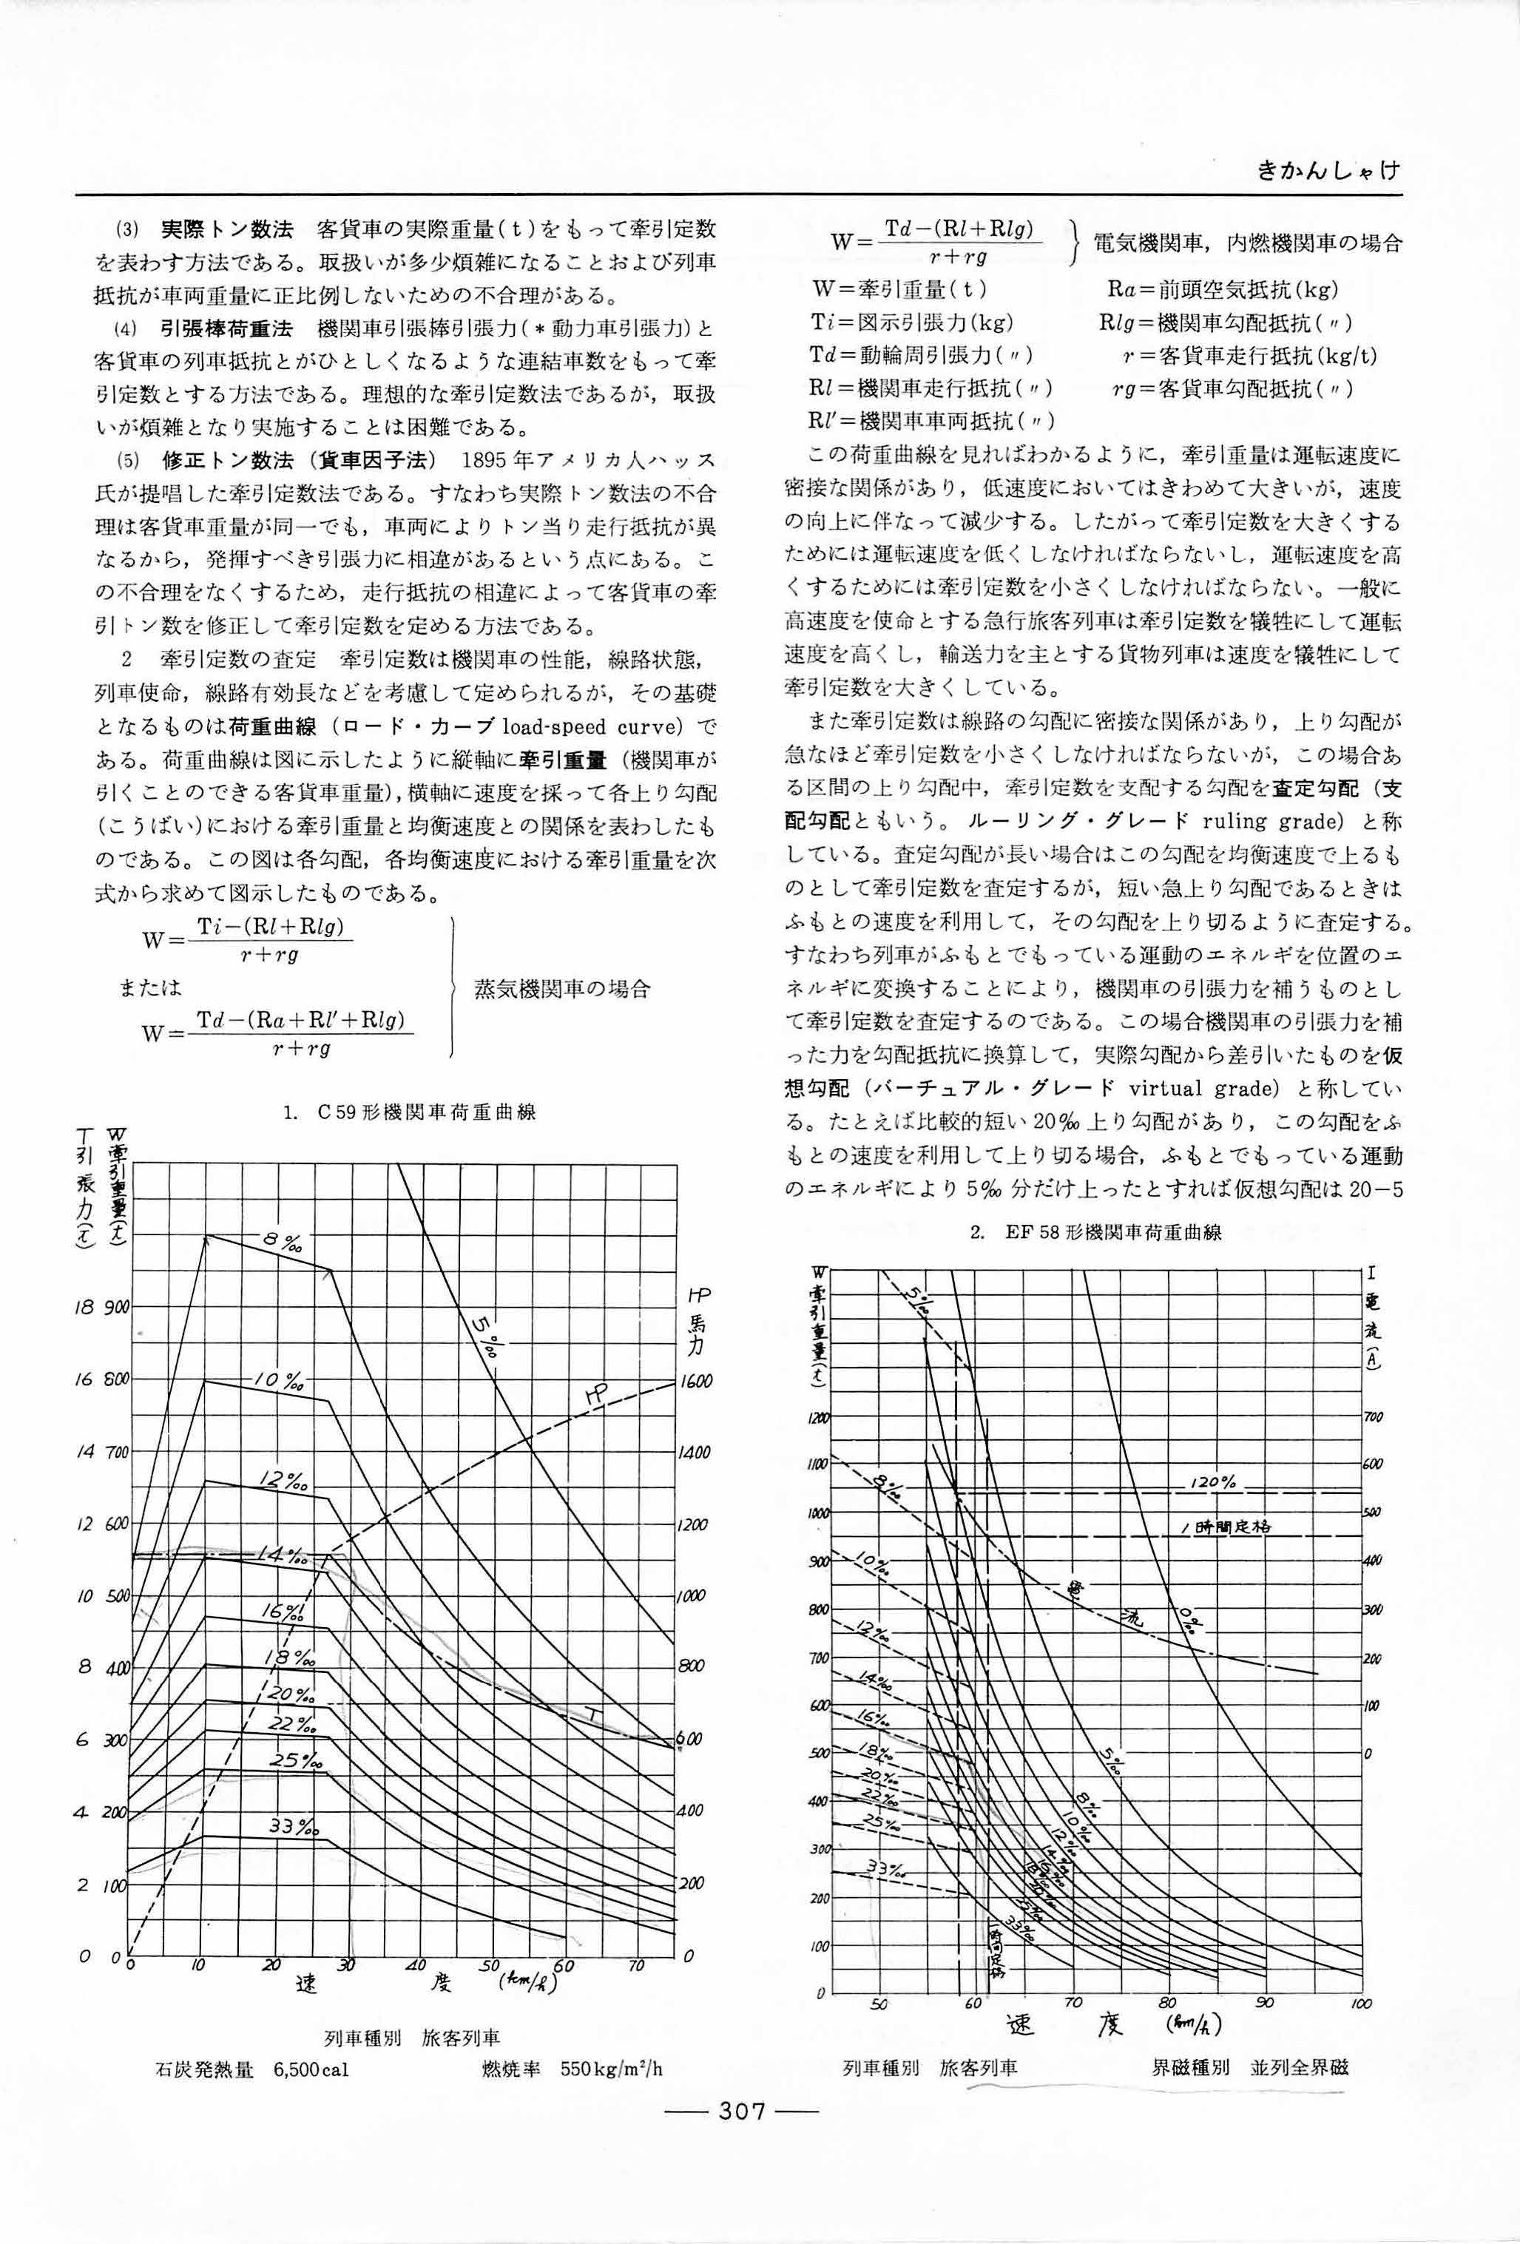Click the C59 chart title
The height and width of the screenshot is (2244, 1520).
(410, 1112)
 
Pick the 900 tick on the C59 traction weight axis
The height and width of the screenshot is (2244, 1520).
(116, 1308)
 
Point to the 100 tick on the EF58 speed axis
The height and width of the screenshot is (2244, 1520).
(1362, 2004)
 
